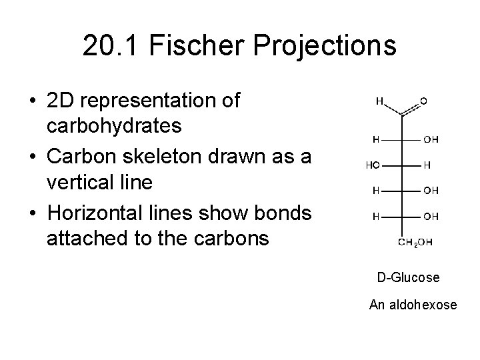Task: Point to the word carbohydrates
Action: [114, 125]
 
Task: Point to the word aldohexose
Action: [425, 305]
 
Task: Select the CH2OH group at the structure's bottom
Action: [415, 242]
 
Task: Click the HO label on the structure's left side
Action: [373, 165]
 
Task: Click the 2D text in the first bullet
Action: [59, 101]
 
